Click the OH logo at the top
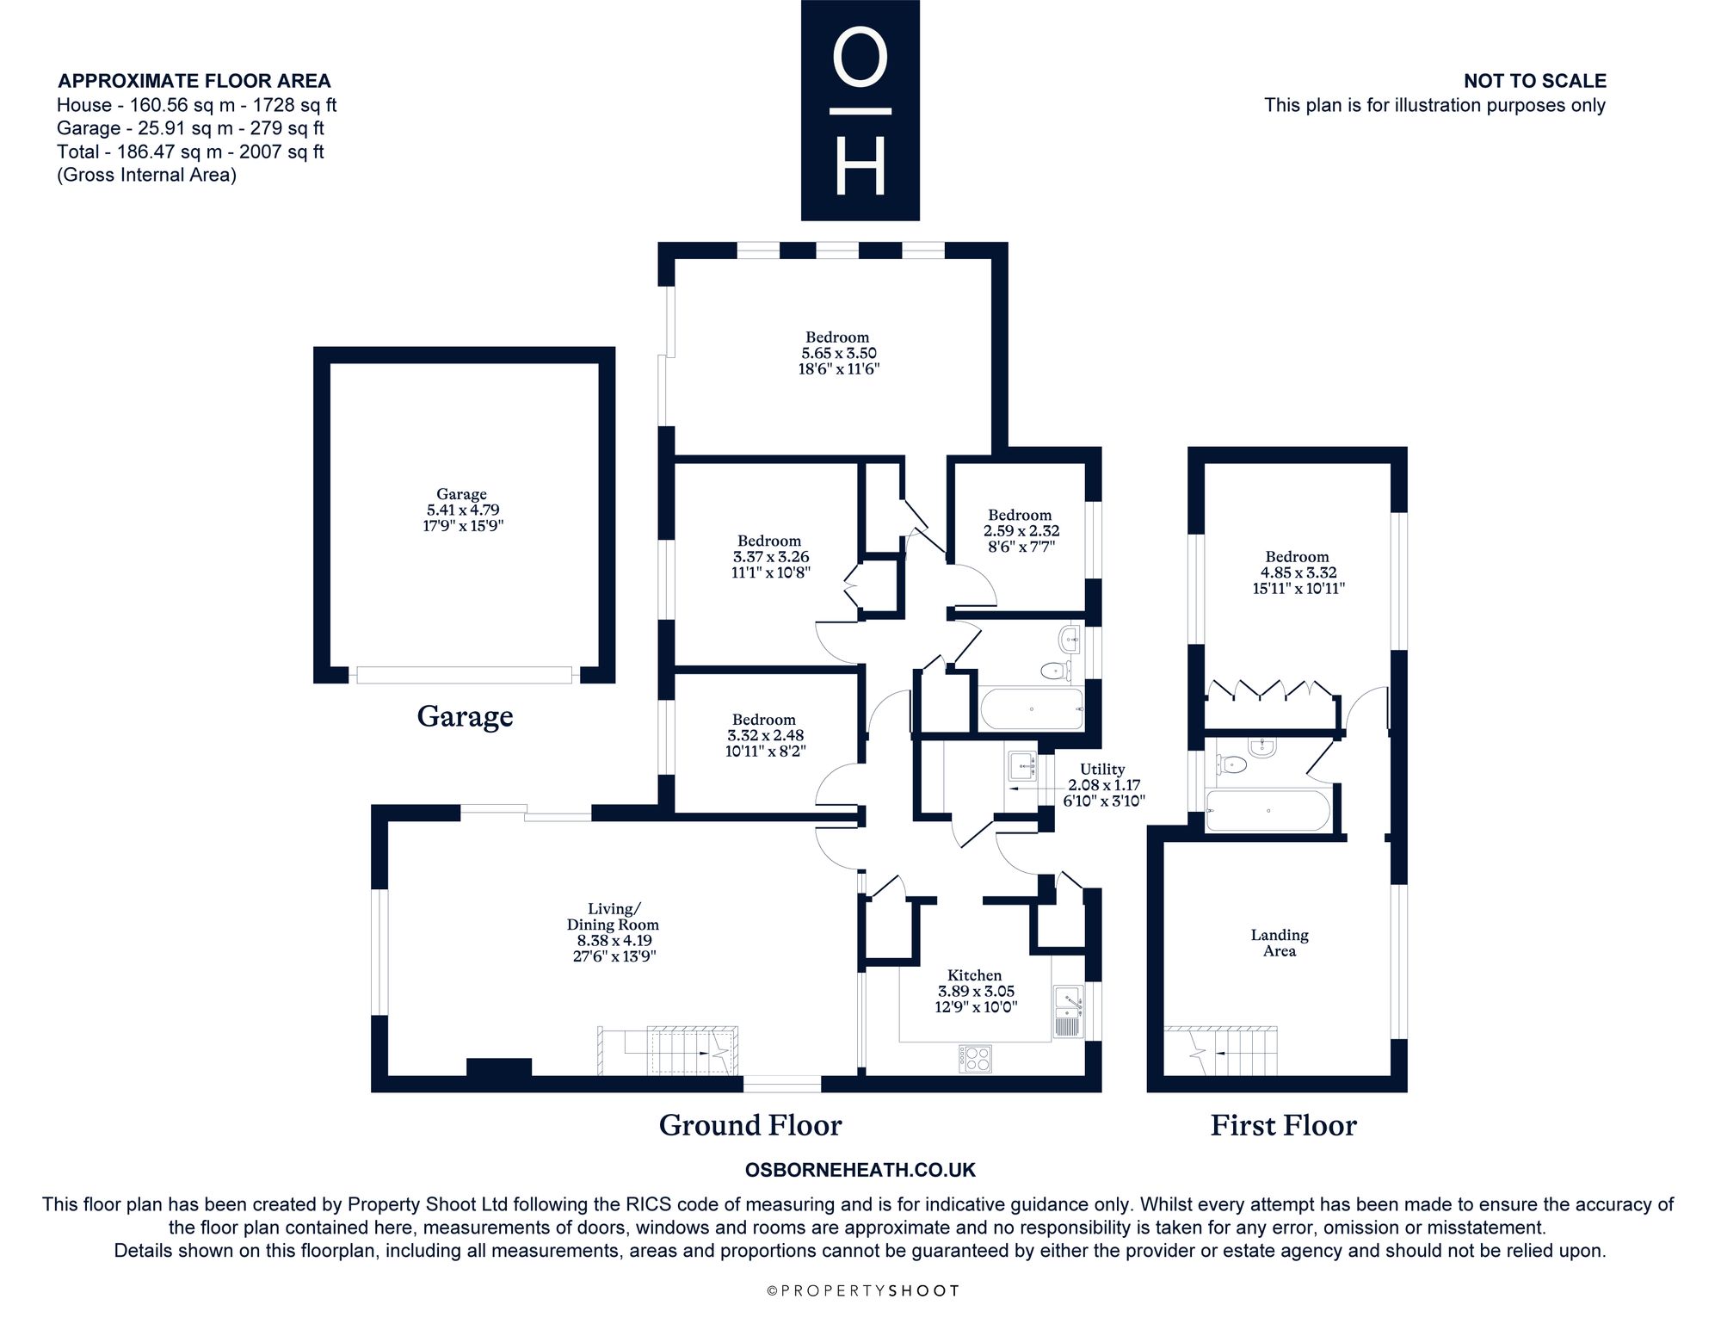(x=860, y=110)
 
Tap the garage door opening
(x=464, y=675)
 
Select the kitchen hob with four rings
(x=975, y=1058)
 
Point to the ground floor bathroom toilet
(x=1053, y=670)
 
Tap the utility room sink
(x=1021, y=765)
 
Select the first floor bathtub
(x=1268, y=811)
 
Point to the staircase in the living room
(x=669, y=1050)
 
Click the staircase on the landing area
(x=1220, y=1051)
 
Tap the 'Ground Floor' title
(x=750, y=1125)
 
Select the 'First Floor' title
(x=1283, y=1125)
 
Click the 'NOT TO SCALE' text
(x=1535, y=81)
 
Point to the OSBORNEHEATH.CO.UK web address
(x=860, y=1171)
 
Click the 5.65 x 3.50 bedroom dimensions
(x=840, y=353)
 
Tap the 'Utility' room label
(x=1102, y=770)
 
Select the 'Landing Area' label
(x=1280, y=943)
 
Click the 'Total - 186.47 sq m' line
(x=190, y=152)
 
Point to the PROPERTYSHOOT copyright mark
(x=862, y=1290)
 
